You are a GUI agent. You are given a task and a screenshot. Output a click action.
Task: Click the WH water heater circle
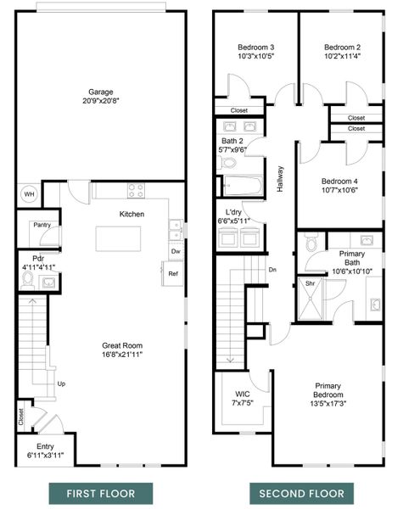pyautogui.click(x=29, y=193)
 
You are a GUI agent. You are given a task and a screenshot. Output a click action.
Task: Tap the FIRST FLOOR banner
pyautogui.click(x=101, y=493)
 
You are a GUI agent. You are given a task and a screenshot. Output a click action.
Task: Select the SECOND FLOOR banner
pyautogui.click(x=301, y=493)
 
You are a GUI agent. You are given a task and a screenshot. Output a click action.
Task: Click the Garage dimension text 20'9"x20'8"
pyautogui.click(x=101, y=103)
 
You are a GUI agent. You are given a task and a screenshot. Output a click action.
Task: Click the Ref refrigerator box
pyautogui.click(x=172, y=274)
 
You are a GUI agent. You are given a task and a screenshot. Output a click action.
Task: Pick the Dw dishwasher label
pyautogui.click(x=175, y=252)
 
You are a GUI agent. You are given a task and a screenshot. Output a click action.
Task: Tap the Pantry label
pyautogui.click(x=41, y=225)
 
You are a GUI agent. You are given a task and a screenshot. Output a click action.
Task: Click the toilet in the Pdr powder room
pyautogui.click(x=28, y=278)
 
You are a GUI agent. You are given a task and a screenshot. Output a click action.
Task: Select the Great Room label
pyautogui.click(x=120, y=345)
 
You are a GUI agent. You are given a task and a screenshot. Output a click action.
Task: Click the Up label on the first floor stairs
pyautogui.click(x=61, y=383)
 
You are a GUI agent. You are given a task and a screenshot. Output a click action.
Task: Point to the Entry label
pyautogui.click(x=45, y=447)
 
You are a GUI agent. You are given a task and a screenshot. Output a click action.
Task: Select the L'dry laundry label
pyautogui.click(x=234, y=212)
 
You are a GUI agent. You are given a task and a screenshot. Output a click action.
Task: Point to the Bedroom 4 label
pyautogui.click(x=339, y=181)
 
